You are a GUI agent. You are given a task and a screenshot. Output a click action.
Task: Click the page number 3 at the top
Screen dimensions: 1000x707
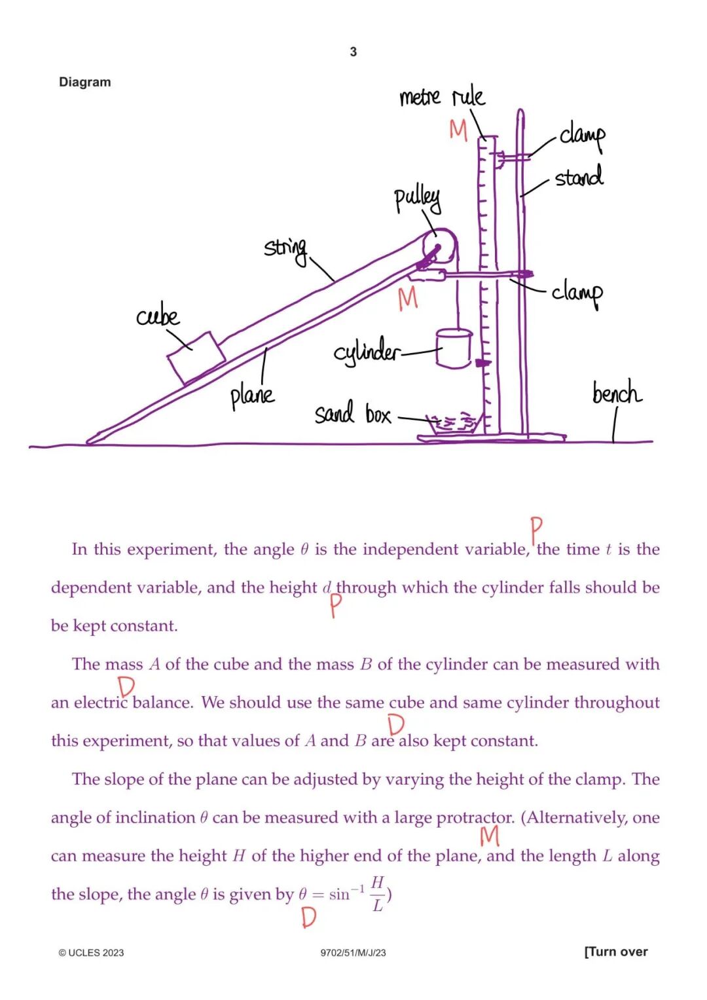coord(353,52)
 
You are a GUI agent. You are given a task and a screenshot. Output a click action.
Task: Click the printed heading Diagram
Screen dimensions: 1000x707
coord(85,82)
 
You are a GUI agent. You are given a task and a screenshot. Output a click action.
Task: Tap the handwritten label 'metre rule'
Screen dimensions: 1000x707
coord(442,97)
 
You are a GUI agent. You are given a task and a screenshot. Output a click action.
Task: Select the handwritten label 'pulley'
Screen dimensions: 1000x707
coord(417,198)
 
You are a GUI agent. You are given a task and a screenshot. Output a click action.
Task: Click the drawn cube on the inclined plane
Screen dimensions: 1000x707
coord(196,356)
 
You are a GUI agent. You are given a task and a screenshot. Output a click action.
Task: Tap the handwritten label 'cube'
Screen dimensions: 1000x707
coord(158,316)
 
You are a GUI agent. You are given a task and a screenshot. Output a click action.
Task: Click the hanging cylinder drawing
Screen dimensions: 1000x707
coord(454,348)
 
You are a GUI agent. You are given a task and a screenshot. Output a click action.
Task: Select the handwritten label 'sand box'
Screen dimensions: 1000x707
coord(353,414)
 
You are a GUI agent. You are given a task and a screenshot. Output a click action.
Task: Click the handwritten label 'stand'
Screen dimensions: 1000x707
coord(579,177)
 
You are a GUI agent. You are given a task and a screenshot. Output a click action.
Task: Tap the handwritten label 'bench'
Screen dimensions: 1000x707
coord(616,393)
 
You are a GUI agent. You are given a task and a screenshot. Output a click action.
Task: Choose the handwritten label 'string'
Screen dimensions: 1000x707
coord(285,248)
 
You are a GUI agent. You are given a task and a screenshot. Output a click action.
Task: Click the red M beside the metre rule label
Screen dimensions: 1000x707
coord(458,130)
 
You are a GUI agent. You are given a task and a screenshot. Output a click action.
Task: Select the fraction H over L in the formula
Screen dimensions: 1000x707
coord(377,893)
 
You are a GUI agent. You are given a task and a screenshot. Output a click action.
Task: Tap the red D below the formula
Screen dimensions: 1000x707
coord(308,917)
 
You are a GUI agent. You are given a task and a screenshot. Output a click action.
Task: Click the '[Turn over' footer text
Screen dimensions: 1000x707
coord(615,952)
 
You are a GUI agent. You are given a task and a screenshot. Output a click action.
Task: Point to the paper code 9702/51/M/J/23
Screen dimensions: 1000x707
coord(353,953)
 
